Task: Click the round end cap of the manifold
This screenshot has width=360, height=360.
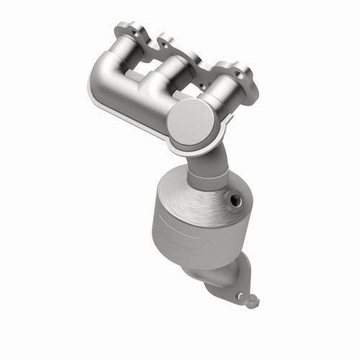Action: pyautogui.click(x=192, y=120)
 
